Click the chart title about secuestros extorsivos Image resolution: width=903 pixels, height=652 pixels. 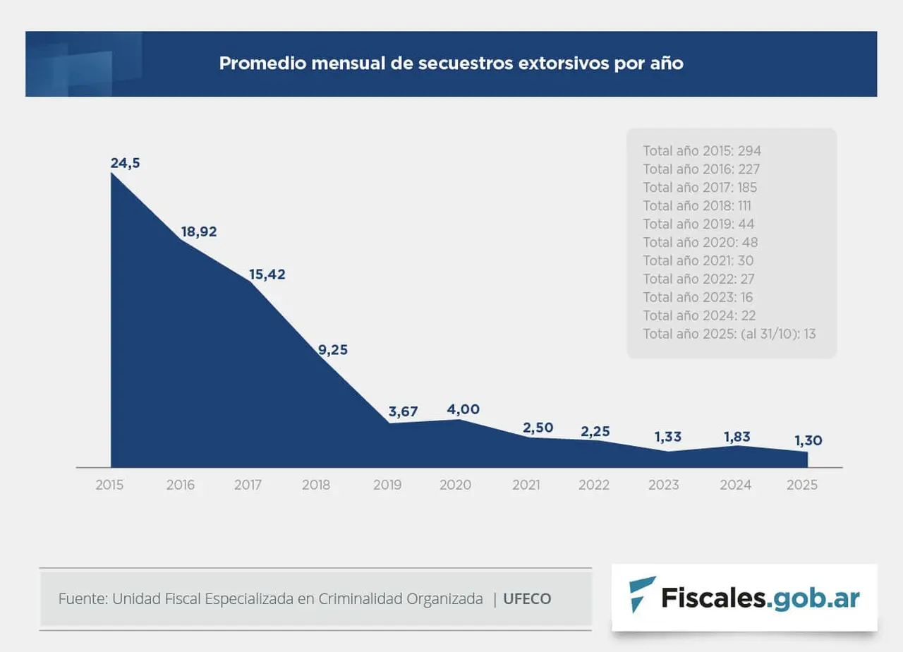tap(451, 64)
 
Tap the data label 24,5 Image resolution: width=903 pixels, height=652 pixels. tap(125, 163)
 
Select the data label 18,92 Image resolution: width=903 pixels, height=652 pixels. tap(199, 231)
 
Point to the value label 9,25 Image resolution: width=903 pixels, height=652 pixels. tap(333, 349)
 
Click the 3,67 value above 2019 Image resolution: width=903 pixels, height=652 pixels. tap(404, 412)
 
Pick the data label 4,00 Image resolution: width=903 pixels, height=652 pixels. tap(463, 409)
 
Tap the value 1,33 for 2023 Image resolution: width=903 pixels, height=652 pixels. tap(668, 437)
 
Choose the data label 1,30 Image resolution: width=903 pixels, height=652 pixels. tap(808, 440)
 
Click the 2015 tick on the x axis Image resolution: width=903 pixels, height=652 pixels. tap(110, 485)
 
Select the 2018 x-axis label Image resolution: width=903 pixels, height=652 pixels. tap(316, 485)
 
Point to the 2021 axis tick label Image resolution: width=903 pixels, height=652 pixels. tap(526, 485)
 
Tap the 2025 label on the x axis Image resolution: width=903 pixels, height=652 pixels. tap(803, 485)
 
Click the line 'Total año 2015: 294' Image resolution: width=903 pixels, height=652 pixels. tap(702, 151)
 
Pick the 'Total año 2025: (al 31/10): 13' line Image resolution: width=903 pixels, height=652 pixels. tap(729, 334)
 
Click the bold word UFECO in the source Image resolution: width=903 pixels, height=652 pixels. tap(527, 599)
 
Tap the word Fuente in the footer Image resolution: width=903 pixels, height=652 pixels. tap(81, 599)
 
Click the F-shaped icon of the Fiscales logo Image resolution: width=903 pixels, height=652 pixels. tap(641, 593)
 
